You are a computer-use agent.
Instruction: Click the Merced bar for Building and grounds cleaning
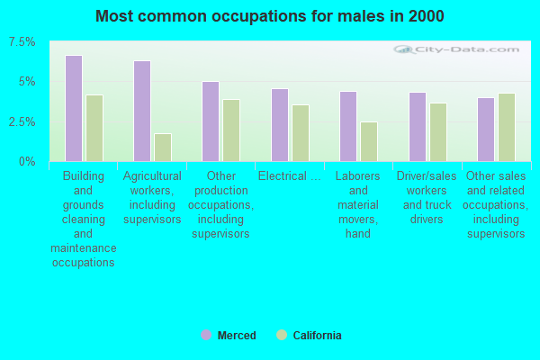click(74, 108)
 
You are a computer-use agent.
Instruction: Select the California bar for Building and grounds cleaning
click(94, 128)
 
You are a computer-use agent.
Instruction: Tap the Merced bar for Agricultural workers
click(142, 111)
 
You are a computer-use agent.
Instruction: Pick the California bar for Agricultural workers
click(163, 148)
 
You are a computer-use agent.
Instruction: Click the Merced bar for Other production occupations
click(211, 121)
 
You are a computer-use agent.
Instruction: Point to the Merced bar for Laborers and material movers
click(348, 126)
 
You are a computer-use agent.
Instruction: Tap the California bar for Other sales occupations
click(507, 127)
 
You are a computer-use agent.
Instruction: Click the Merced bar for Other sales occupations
click(486, 130)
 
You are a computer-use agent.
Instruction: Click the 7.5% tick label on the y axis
click(22, 42)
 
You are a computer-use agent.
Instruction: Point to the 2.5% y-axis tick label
click(22, 121)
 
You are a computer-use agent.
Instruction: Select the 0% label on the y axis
click(28, 161)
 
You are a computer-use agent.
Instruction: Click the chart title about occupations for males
click(270, 16)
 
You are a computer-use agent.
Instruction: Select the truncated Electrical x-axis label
click(289, 176)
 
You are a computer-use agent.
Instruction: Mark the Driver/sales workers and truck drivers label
click(427, 197)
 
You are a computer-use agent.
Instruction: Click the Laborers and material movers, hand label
click(358, 204)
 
